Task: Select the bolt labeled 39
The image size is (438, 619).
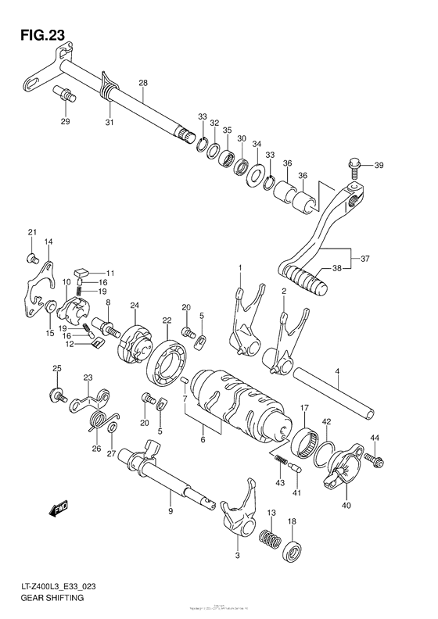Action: [353, 165]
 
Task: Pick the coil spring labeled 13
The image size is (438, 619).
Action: [271, 539]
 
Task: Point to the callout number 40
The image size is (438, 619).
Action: [345, 505]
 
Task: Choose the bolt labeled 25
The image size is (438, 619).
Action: [58, 395]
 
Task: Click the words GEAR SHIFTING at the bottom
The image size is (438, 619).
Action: [49, 598]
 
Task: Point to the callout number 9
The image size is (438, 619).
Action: [170, 511]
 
